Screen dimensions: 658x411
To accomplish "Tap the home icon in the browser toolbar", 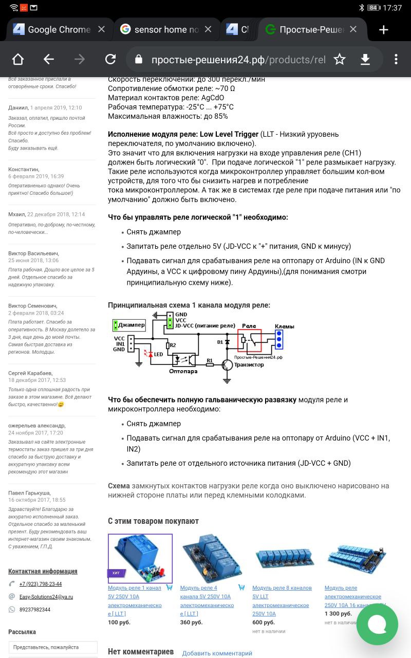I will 18,60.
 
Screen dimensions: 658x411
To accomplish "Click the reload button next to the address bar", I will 110,60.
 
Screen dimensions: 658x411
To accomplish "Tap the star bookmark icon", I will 340,60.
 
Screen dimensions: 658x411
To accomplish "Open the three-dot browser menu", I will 396,60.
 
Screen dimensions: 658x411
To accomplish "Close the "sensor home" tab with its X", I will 208,29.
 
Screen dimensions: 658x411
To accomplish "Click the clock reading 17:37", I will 393,8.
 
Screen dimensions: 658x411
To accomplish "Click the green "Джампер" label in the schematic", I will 129,325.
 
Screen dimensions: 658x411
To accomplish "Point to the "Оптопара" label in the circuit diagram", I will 183,371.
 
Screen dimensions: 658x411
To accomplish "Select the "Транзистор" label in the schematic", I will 249,364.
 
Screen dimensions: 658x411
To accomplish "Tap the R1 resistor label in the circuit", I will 209,360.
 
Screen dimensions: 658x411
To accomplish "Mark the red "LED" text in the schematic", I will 158,354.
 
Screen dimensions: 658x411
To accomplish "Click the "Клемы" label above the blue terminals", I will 284,326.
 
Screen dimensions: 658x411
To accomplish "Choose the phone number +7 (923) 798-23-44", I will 41,584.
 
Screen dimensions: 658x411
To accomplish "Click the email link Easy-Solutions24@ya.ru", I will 46,597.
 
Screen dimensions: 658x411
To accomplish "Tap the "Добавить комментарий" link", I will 217,653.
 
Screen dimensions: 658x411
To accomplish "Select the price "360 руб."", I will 191,622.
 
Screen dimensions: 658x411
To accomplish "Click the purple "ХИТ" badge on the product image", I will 116,573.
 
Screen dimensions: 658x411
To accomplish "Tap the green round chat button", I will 377,624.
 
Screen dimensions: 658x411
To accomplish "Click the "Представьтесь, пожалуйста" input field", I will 53,647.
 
